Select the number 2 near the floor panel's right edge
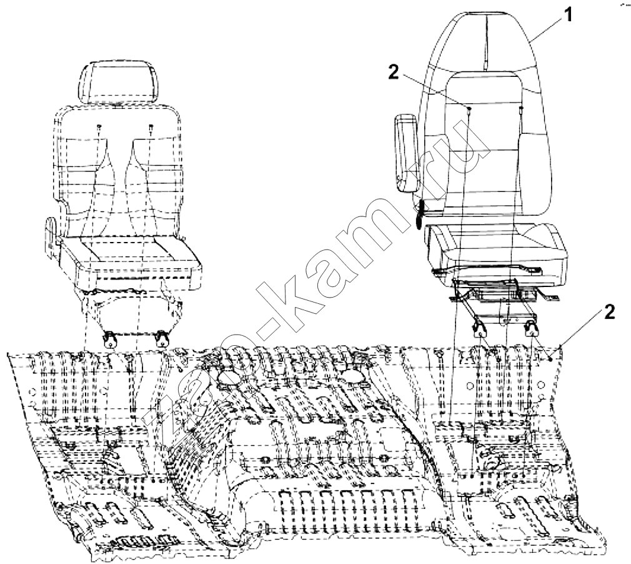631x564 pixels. click(x=609, y=312)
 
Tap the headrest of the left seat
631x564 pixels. click(x=117, y=83)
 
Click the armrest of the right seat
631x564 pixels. click(x=408, y=153)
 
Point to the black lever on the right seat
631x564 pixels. click(x=419, y=213)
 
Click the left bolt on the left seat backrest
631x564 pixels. click(x=99, y=128)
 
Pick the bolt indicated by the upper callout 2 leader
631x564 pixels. click(x=469, y=109)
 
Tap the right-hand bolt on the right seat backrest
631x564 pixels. click(x=522, y=108)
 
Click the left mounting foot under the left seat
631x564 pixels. click(x=109, y=339)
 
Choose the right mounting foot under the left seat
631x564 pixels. click(x=162, y=338)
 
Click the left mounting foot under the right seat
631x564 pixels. click(x=480, y=330)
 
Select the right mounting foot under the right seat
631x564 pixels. click(x=532, y=328)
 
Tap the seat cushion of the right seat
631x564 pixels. click(x=497, y=251)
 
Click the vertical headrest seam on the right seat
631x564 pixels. click(x=485, y=43)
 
